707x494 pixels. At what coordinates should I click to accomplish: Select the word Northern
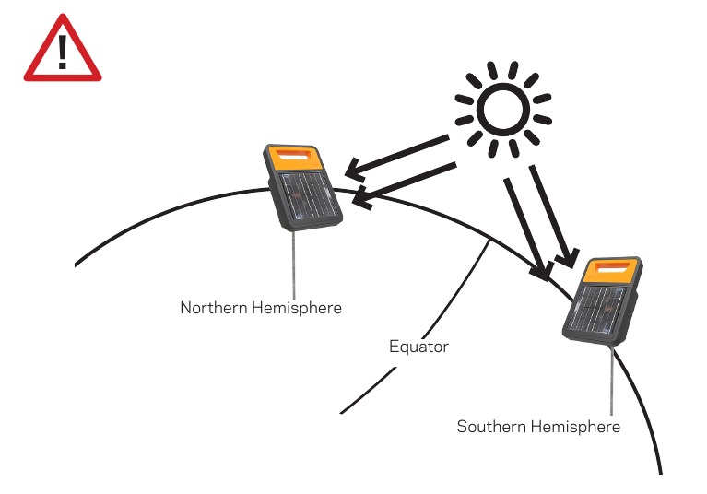coord(214,308)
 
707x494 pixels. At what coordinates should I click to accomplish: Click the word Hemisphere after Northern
coord(297,309)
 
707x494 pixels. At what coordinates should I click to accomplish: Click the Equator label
coord(418,347)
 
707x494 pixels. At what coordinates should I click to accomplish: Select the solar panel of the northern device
coord(309,197)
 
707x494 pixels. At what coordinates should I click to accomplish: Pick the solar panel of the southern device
coord(597,309)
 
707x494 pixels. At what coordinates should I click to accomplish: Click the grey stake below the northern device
coord(294,265)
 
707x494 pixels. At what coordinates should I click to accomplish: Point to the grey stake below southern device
coord(611,381)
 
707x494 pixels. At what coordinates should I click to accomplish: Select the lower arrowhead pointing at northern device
coord(363,197)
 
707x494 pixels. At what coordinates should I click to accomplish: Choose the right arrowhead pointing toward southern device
coord(568,259)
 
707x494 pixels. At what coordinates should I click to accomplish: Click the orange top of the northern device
coord(293,158)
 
